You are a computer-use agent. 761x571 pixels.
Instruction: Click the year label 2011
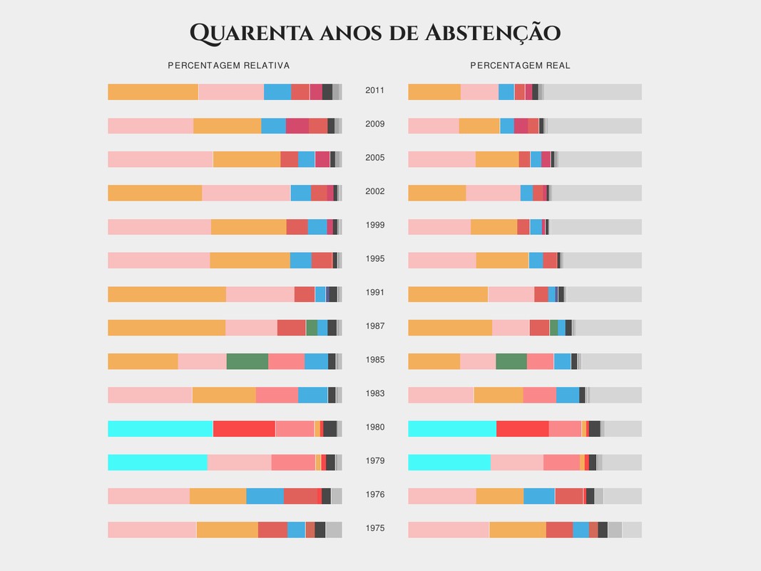[x=374, y=91]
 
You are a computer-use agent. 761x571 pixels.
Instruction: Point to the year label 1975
[x=374, y=529]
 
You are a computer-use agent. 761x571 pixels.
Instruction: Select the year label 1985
[x=374, y=360]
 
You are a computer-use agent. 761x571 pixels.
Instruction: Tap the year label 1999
[x=374, y=226]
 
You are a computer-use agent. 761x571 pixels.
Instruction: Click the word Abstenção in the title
[x=493, y=33]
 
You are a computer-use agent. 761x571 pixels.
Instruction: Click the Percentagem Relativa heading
[x=228, y=66]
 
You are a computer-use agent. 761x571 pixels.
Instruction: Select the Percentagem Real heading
[x=520, y=66]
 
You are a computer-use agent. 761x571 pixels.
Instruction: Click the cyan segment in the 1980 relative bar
[x=160, y=428]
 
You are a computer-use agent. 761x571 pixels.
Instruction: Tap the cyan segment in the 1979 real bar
[x=449, y=462]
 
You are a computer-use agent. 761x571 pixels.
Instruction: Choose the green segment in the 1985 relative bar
[x=247, y=361]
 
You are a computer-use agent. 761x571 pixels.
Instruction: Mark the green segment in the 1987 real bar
[x=553, y=328]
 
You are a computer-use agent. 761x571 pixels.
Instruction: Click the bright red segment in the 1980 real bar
[x=522, y=428]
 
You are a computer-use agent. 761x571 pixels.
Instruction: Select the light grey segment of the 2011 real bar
[x=592, y=91]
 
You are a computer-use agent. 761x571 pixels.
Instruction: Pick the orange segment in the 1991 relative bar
[x=166, y=294]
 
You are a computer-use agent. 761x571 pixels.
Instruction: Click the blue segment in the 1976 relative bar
[x=265, y=496]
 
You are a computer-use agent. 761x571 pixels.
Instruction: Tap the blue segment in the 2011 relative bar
[x=277, y=91]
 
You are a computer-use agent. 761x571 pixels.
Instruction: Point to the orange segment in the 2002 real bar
[x=436, y=193]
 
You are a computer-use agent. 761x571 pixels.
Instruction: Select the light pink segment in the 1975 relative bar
[x=151, y=530]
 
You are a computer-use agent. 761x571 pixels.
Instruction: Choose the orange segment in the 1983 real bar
[x=498, y=395]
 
